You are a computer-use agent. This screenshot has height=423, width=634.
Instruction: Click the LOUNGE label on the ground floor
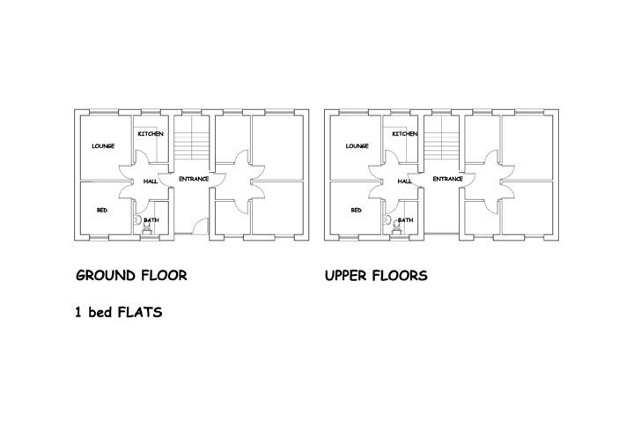[103, 146]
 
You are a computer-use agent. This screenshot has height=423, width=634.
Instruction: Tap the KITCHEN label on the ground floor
[151, 134]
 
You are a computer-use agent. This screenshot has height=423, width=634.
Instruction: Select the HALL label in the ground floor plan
[151, 182]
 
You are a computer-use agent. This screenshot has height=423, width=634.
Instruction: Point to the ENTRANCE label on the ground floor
[194, 179]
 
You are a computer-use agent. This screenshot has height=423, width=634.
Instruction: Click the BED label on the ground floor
[102, 210]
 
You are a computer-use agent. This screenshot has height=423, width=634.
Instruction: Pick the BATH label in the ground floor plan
[151, 220]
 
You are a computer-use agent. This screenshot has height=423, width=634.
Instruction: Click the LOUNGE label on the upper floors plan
[357, 146]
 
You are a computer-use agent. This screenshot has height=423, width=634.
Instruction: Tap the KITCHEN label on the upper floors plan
[405, 134]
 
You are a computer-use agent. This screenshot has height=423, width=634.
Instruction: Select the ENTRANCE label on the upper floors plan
[447, 179]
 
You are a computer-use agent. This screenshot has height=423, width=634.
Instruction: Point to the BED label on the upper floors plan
[357, 210]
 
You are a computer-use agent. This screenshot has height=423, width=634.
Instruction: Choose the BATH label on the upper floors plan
[406, 220]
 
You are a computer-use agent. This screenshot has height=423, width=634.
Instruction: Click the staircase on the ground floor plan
[191, 138]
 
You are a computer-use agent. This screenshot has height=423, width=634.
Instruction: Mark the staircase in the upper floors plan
[441, 138]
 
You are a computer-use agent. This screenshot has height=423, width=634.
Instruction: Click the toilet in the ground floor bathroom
[147, 228]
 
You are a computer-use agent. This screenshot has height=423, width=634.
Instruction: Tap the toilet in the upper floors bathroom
[396, 228]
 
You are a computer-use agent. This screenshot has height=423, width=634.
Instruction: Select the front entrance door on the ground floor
[200, 226]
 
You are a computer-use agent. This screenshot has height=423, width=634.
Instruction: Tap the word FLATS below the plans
[140, 313]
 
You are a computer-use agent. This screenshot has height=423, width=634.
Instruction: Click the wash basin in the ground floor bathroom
[137, 219]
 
